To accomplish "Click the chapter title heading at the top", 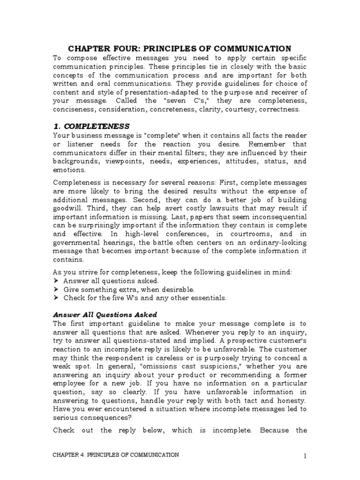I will pyautogui.click(x=180, y=49).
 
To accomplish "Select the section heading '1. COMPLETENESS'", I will pyautogui.click(x=90, y=126).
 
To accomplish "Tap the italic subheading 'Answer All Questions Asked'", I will pyautogui.click(x=105, y=314).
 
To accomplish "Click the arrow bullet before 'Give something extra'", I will pyautogui.click(x=56, y=289).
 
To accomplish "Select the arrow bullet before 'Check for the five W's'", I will pyautogui.click(x=56, y=298).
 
